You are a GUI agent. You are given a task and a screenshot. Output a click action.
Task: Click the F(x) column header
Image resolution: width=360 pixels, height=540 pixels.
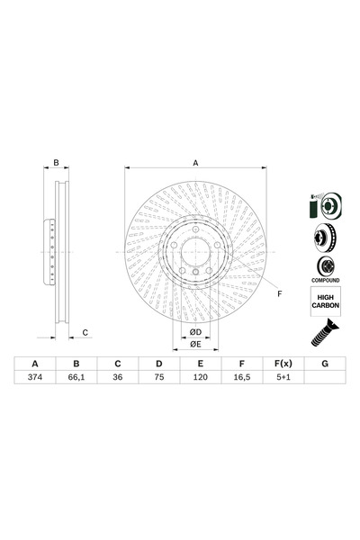click(x=282, y=364)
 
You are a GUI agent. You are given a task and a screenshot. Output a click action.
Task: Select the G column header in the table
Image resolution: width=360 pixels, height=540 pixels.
click(x=323, y=364)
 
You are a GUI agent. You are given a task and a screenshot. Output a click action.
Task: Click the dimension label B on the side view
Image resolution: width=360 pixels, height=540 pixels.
click(x=56, y=163)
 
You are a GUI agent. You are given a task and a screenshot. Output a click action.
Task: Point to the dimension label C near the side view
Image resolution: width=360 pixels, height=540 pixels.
click(x=85, y=333)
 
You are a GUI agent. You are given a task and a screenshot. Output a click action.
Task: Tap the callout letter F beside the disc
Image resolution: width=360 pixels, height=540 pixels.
click(x=279, y=294)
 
